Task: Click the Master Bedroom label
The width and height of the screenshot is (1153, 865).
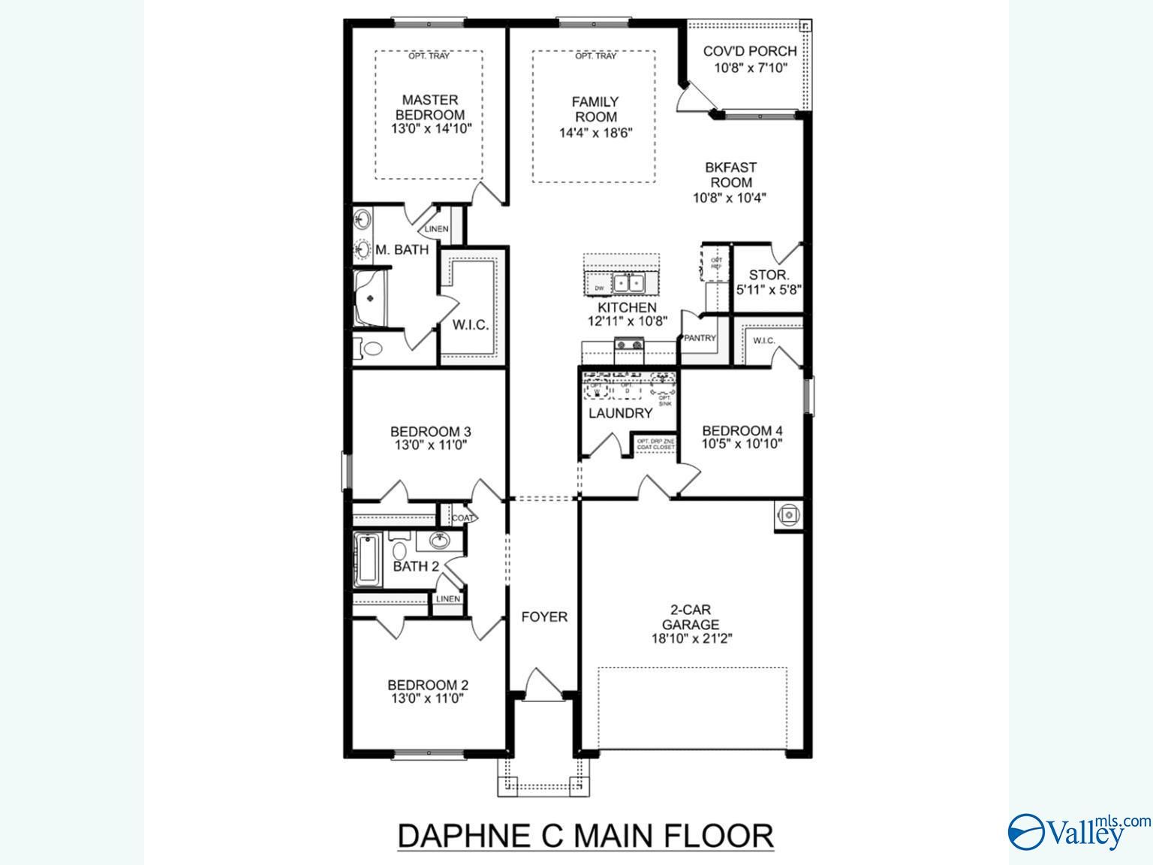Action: pos(430,107)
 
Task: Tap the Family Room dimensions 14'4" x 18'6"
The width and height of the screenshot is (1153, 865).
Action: pos(596,133)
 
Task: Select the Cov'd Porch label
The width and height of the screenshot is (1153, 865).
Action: pos(750,51)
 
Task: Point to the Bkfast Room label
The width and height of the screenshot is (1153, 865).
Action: pos(731,174)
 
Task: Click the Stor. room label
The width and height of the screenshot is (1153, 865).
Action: pos(769,275)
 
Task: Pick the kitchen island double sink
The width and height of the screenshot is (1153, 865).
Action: pos(628,283)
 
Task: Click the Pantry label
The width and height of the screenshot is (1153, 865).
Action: pos(700,338)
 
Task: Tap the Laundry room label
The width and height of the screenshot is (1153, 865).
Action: pos(620,413)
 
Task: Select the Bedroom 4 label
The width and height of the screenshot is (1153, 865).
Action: pos(742,430)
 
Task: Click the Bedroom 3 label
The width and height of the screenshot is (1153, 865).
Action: pos(430,431)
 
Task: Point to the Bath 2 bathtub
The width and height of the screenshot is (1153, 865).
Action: pos(367,560)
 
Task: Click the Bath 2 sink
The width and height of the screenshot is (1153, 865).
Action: pos(439,540)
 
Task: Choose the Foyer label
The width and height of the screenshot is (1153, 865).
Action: pos(544,616)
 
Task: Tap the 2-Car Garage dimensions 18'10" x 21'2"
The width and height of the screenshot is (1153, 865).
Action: pos(691,639)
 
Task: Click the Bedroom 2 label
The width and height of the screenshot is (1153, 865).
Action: pos(428,685)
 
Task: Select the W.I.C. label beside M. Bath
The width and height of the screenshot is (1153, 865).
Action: pos(470,325)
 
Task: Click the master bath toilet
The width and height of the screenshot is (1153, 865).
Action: pos(369,349)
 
